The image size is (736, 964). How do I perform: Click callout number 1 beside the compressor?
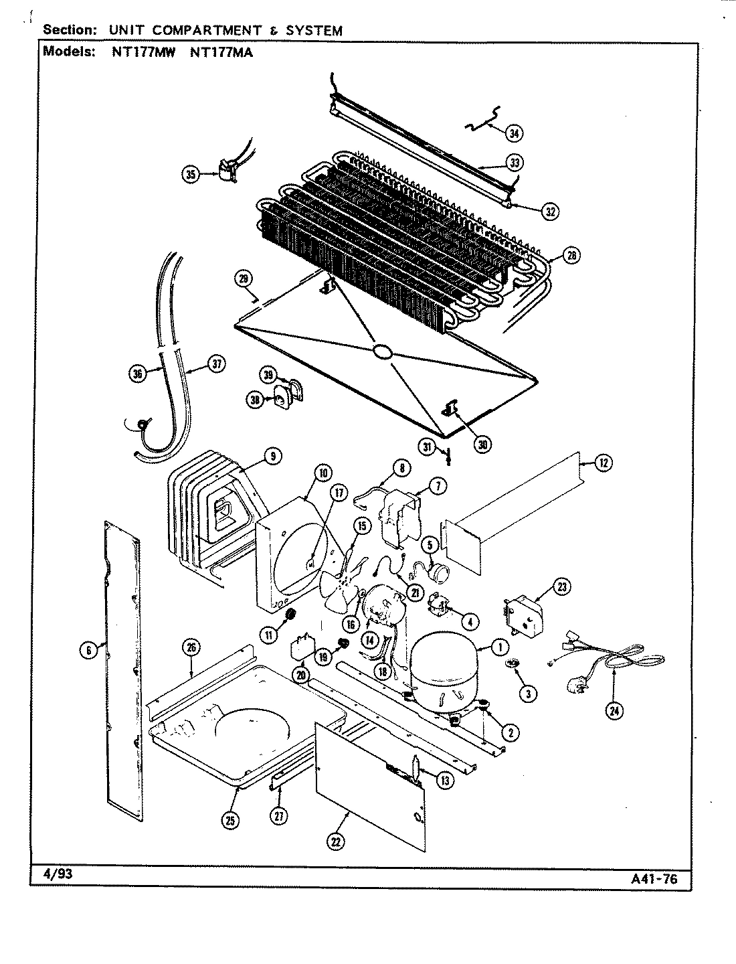(499, 647)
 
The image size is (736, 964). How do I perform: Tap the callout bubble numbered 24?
(614, 712)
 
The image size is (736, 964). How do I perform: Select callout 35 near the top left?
(191, 175)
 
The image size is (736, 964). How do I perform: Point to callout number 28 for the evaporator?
(571, 255)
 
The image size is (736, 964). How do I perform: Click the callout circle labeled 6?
(87, 649)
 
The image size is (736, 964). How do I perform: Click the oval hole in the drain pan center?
(383, 351)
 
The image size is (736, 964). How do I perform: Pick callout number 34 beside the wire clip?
(513, 133)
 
